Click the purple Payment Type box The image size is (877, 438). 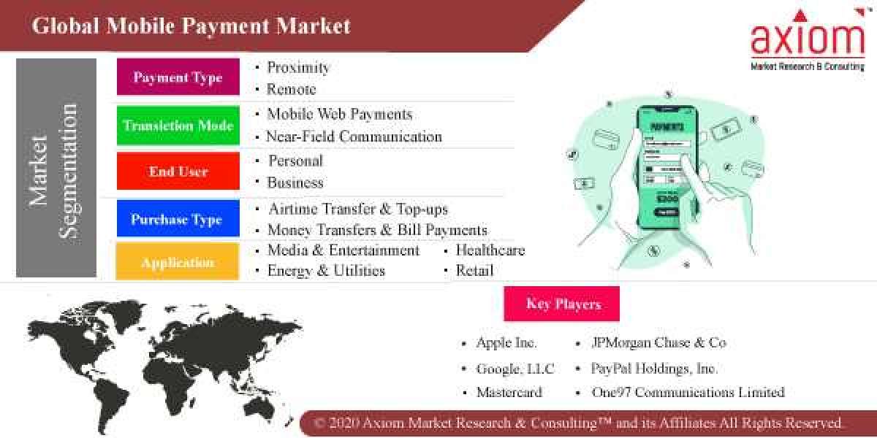point(178,77)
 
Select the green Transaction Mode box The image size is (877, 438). point(178,125)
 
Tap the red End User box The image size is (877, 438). point(178,172)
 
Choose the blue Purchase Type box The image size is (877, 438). point(178,219)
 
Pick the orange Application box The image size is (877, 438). point(178,262)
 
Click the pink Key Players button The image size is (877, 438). point(562,304)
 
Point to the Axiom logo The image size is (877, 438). point(807,40)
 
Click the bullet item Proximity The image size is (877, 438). point(297,67)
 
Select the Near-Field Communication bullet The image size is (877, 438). point(354,137)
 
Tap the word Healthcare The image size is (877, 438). point(490,250)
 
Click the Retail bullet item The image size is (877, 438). point(474,271)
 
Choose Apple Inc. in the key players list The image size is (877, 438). point(506,342)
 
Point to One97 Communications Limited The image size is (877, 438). point(688,392)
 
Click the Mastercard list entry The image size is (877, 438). point(509,392)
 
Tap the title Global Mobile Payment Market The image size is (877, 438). point(191,26)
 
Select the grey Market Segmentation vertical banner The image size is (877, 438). point(56,168)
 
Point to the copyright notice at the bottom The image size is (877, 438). point(579,423)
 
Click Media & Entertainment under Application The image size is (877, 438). point(343,250)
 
